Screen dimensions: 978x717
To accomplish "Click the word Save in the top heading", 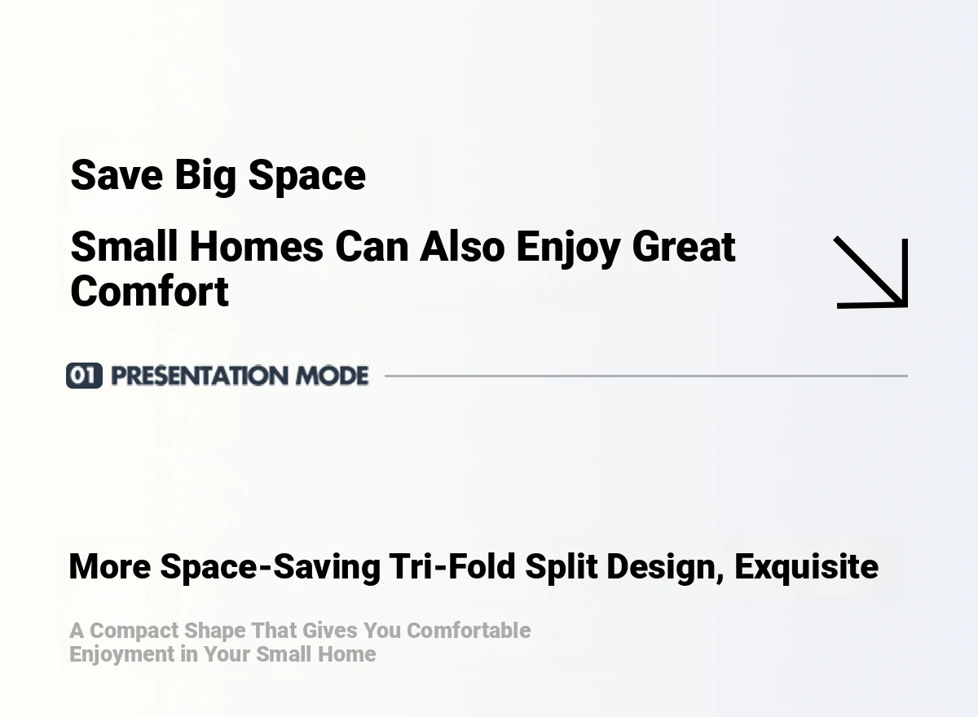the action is coord(117,175).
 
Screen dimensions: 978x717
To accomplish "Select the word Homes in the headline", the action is coord(257,247).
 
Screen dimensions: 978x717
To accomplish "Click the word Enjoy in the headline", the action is coord(568,249).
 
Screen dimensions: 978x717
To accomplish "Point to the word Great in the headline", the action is coord(683,247).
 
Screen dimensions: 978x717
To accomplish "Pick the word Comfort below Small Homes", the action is coord(149,292).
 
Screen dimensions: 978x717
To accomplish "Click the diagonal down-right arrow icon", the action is coord(871,273).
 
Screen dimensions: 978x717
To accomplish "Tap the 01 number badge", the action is coord(84,376).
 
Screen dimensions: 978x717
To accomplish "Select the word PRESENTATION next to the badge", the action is coord(200,376).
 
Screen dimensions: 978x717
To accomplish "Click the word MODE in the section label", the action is coord(333,376).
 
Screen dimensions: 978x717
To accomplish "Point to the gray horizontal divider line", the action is coord(646,376).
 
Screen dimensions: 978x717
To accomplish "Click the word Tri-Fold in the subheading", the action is coord(452,566).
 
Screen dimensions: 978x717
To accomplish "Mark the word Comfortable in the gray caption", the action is coord(469,631).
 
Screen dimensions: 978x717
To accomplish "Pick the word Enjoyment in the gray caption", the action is coord(122,655).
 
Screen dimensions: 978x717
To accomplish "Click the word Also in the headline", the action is coord(462,247).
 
